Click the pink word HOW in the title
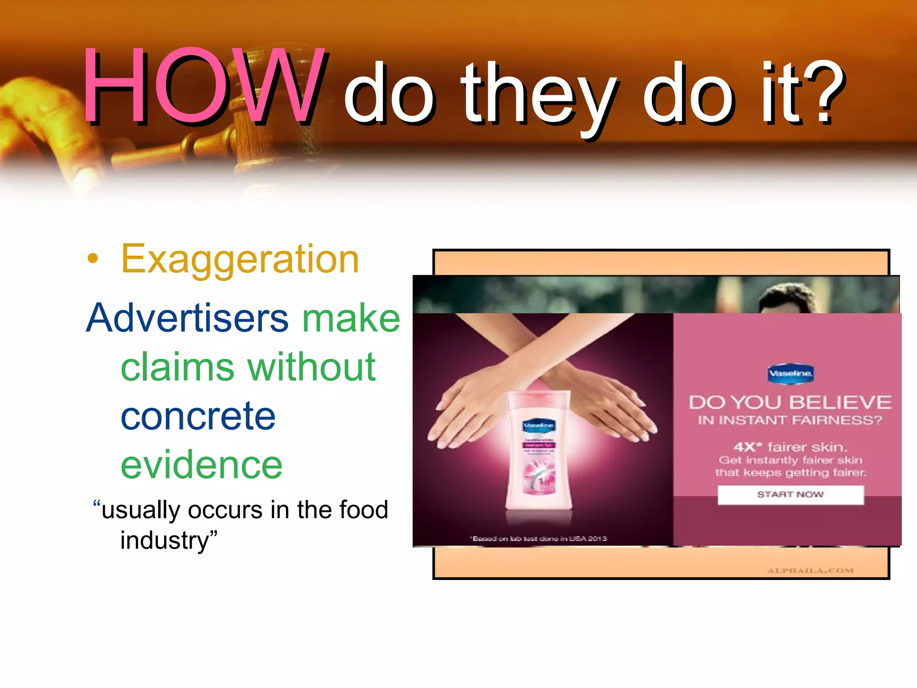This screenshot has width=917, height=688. (x=202, y=86)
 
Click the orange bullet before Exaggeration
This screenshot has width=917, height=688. (x=92, y=258)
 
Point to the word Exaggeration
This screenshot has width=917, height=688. (x=240, y=259)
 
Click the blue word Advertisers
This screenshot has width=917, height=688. (x=188, y=318)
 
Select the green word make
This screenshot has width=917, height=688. (x=351, y=318)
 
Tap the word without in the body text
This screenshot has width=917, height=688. (x=312, y=367)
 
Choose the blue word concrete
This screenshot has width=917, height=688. (x=198, y=416)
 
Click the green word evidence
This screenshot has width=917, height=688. (x=201, y=465)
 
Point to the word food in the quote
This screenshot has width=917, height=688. (x=364, y=510)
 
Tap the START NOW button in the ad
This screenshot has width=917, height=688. (x=790, y=494)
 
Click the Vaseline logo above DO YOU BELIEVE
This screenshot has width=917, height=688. (x=790, y=373)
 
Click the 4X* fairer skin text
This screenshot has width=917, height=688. (x=790, y=447)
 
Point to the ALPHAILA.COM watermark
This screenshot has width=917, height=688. (x=810, y=571)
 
